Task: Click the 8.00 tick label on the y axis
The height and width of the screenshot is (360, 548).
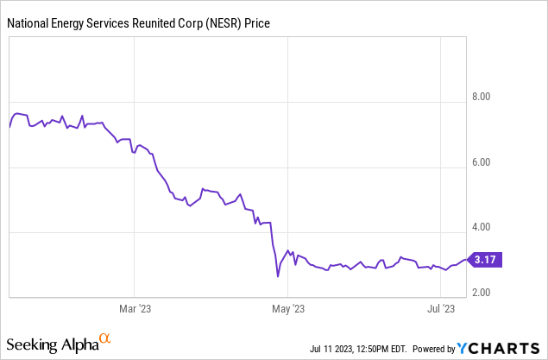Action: tap(482, 97)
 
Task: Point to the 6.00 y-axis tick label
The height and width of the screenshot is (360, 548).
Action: tap(482, 162)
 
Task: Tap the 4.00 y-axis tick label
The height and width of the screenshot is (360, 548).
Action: tap(482, 228)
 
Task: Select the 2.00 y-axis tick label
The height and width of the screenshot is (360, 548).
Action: tap(482, 294)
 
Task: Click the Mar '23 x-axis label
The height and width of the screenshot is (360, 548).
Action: tap(135, 307)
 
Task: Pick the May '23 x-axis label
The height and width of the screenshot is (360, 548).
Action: tap(287, 307)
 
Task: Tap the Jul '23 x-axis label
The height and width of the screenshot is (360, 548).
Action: tap(441, 307)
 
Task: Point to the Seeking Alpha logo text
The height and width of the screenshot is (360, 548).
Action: tap(54, 344)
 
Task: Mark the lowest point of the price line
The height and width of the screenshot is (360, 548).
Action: tap(278, 276)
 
